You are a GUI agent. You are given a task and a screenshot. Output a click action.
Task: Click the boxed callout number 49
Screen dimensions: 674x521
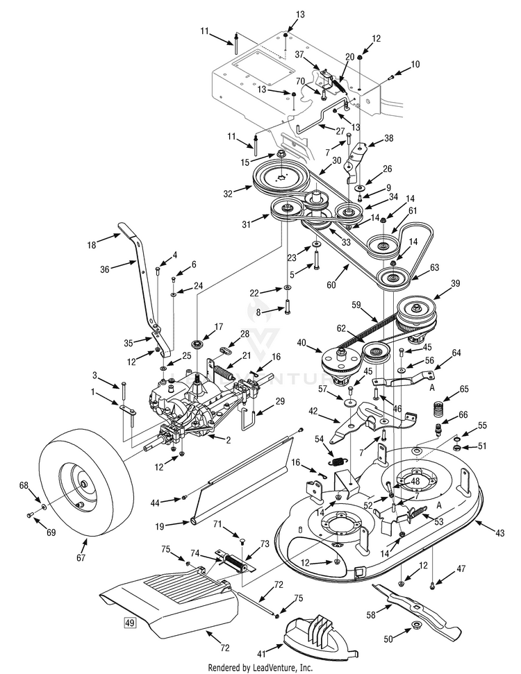pyautogui.click(x=130, y=622)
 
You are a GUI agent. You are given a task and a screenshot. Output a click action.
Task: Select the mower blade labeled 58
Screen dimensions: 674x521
pyautogui.click(x=417, y=612)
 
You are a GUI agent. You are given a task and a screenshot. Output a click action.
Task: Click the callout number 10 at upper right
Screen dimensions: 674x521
pyautogui.click(x=415, y=64)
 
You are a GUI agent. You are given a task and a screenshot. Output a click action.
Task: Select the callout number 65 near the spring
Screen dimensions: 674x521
pyautogui.click(x=463, y=389)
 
